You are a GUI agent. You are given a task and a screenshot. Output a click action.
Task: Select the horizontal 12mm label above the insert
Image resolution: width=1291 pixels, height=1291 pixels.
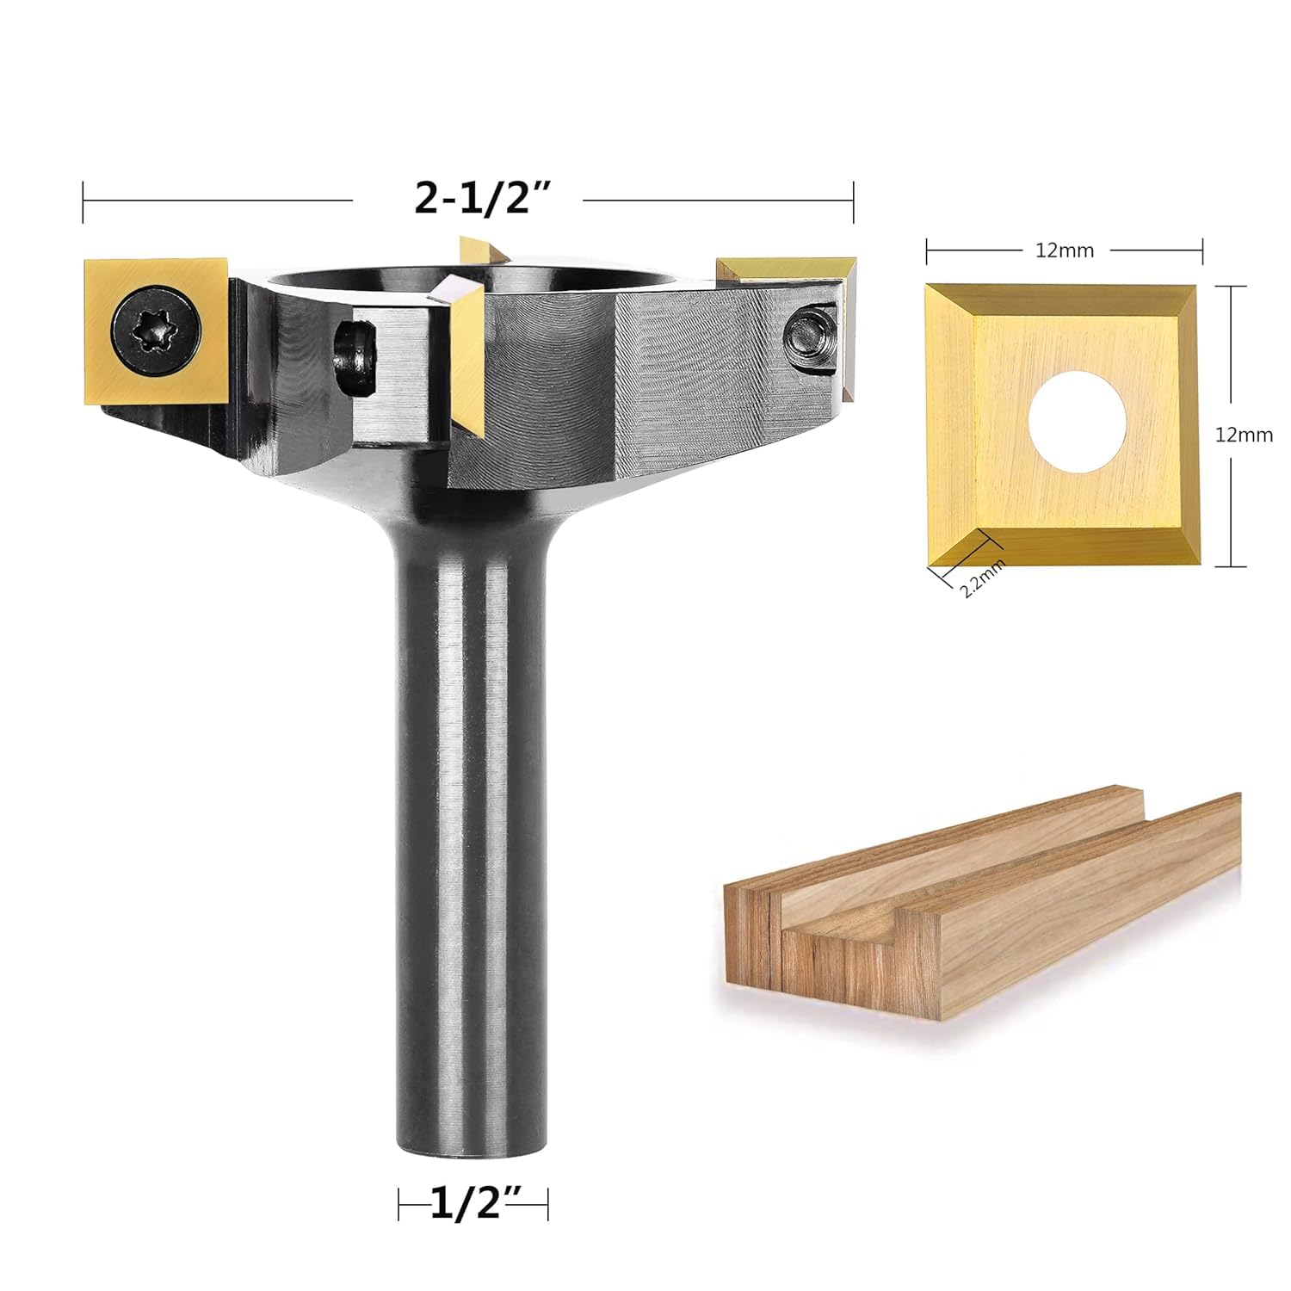1065,250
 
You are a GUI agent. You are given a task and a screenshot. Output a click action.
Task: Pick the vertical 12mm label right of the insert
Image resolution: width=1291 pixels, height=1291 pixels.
1244,435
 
